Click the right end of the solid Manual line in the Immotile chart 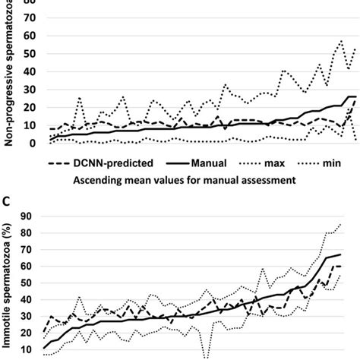coord(339,254)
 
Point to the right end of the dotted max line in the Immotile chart coord(339,224)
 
